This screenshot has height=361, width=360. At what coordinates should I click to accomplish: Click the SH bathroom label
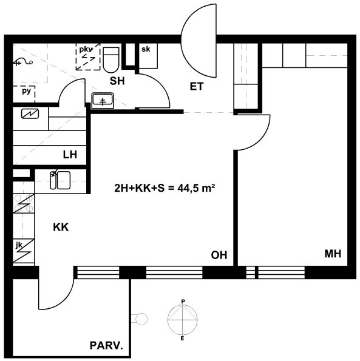pyautogui.click(x=117, y=81)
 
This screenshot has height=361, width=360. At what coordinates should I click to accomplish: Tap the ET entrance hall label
pyautogui.click(x=197, y=87)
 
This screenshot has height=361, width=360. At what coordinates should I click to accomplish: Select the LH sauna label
pyautogui.click(x=70, y=155)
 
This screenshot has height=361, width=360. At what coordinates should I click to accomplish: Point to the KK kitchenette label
pyautogui.click(x=61, y=228)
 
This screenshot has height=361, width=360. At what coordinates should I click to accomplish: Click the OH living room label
pyautogui.click(x=219, y=255)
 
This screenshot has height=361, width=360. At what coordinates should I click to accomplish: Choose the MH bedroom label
pyautogui.click(x=333, y=254)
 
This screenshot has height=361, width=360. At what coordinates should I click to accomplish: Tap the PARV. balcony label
pyautogui.click(x=106, y=346)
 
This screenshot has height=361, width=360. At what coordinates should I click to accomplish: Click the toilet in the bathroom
pyautogui.click(x=111, y=59)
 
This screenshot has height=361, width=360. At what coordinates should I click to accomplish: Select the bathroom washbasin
pyautogui.click(x=103, y=101)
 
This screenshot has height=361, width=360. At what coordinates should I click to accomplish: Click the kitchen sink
pyautogui.click(x=60, y=180)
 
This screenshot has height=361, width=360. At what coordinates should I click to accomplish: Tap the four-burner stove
pyautogui.click(x=24, y=203)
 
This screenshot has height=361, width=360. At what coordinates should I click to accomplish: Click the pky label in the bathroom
pyautogui.click(x=86, y=50)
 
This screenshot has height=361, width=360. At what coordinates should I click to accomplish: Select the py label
pyautogui.click(x=26, y=91)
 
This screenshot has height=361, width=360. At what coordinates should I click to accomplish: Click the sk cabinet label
pyautogui.click(x=146, y=49)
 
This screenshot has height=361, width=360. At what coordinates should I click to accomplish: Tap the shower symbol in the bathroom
pyautogui.click(x=23, y=62)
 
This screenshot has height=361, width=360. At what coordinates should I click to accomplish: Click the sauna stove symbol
pyautogui.click(x=30, y=113)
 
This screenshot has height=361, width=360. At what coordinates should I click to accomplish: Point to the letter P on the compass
pyautogui.click(x=183, y=302)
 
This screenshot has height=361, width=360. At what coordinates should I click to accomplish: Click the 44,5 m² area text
pyautogui.click(x=196, y=188)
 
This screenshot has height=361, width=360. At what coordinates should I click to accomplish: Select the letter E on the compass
pyautogui.click(x=182, y=339)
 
